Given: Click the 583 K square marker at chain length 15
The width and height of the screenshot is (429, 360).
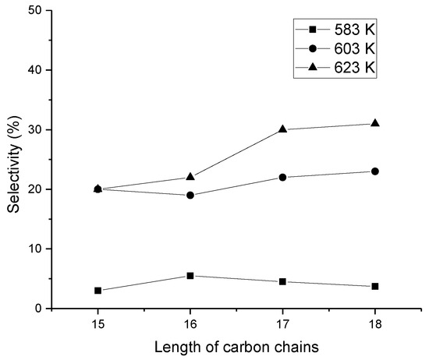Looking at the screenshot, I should tap(97, 291).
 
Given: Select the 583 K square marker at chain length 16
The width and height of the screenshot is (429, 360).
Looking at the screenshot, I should tap(190, 276).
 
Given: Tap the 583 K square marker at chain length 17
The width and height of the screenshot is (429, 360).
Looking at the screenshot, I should tap(282, 281).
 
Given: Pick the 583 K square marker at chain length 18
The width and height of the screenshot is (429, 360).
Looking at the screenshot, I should tap(375, 287).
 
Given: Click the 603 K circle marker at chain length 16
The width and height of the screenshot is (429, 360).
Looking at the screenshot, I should tap(190, 195).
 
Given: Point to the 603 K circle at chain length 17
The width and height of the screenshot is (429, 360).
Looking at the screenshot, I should tap(282, 178).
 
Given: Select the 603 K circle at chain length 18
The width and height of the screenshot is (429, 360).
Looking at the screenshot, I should tap(375, 171).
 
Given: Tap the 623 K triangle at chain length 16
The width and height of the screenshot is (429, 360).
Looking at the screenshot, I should tap(190, 177).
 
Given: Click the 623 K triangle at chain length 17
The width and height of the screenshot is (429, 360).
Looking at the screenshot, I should tap(282, 129).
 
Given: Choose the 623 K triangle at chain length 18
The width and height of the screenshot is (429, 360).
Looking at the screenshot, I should tap(375, 123).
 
